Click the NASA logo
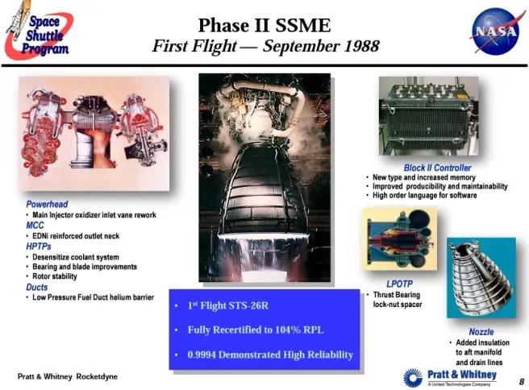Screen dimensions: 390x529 click(495, 31)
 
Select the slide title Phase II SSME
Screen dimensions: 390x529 click(264, 25)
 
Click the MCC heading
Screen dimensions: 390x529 click(35, 226)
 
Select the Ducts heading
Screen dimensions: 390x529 click(37, 288)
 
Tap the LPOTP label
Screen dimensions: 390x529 click(400, 284)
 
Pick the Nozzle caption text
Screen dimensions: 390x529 click(481, 332)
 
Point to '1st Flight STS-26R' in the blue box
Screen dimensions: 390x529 click(228, 306)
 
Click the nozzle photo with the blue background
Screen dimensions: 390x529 click(481, 276)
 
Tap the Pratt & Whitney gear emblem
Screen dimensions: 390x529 click(412, 377)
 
